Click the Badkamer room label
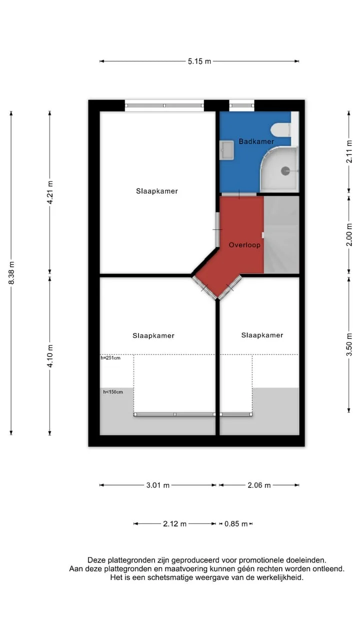pos(256,141)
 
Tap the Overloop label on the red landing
pos(244,245)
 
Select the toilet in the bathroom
pos(280,129)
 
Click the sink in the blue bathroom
pos(227,150)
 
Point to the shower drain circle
pos(285,171)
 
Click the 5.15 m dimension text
pos(199,61)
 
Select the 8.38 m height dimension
pos(11,272)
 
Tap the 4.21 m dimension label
pos(50,192)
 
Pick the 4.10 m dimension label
pos(50,356)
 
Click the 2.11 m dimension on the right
pos(349,151)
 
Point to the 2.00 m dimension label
pos(349,234)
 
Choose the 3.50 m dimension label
pos(349,344)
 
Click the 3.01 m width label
pos(158,485)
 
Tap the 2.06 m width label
pos(259,485)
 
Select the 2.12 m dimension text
pos(174,523)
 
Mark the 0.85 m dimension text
pos(236,523)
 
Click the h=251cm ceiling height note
pos(110,357)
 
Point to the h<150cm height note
pos(113,391)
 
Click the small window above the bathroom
pos(241,105)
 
